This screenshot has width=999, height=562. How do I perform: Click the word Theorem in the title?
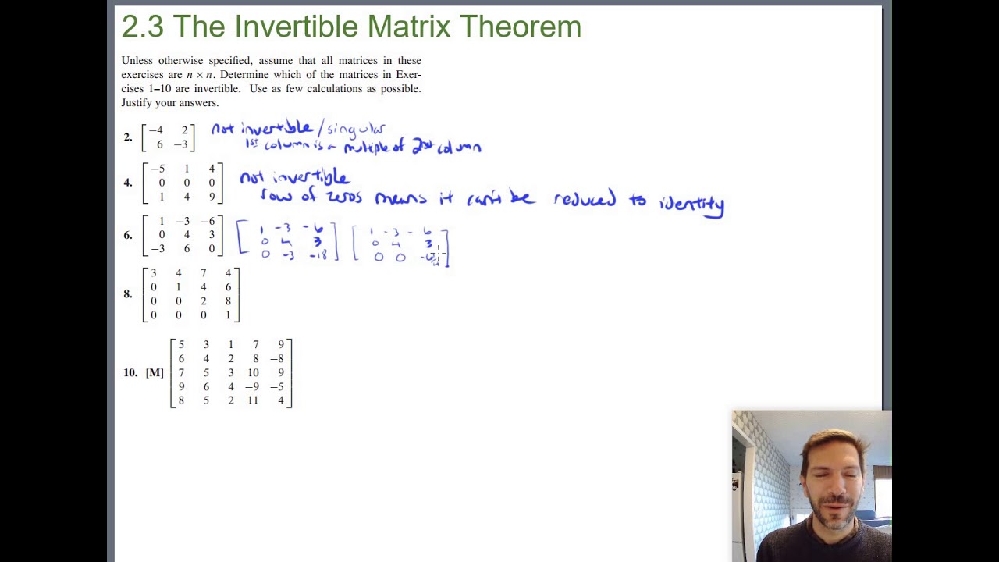520,27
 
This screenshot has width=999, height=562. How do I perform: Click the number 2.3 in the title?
142,27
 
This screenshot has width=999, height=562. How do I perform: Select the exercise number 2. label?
127,137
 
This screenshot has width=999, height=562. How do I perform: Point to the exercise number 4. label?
127,183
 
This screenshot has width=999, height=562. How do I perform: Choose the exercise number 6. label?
127,235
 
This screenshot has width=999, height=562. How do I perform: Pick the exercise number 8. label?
127,294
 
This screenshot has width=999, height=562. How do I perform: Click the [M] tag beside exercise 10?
155,373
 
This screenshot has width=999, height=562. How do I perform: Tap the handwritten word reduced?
585,199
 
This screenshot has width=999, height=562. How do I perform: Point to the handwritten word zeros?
343,197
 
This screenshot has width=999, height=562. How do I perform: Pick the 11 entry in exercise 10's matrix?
253,401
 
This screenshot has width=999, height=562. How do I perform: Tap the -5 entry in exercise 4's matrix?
158,169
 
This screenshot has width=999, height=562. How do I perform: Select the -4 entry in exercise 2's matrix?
156,130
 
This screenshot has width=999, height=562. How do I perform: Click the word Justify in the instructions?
138,103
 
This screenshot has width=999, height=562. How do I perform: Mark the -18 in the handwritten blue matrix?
318,255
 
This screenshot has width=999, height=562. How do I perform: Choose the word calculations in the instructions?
331,89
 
